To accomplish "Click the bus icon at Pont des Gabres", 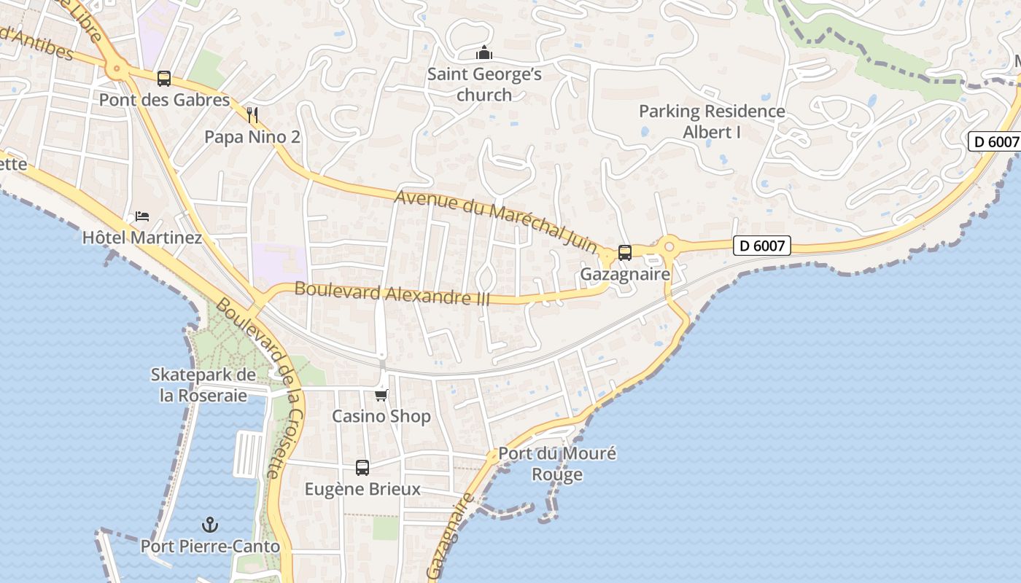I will [164, 79].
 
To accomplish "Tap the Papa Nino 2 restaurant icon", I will [252, 115].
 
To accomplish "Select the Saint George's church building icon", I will [484, 52].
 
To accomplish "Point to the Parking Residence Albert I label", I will [712, 122].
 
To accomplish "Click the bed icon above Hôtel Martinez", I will [142, 216].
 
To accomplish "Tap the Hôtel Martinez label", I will [142, 238].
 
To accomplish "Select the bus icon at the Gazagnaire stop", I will [625, 253].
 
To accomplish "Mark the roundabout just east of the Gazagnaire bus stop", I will [668, 246].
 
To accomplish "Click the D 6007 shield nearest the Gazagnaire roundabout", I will [761, 246].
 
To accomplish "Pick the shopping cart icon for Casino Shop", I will [381, 395].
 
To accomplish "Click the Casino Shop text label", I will [381, 416].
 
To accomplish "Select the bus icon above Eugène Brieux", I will [362, 468].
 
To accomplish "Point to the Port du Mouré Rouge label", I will [557, 464].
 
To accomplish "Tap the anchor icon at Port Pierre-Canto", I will [210, 525].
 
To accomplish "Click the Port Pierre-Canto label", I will [210, 547].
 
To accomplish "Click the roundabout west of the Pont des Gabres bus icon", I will [115, 70].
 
